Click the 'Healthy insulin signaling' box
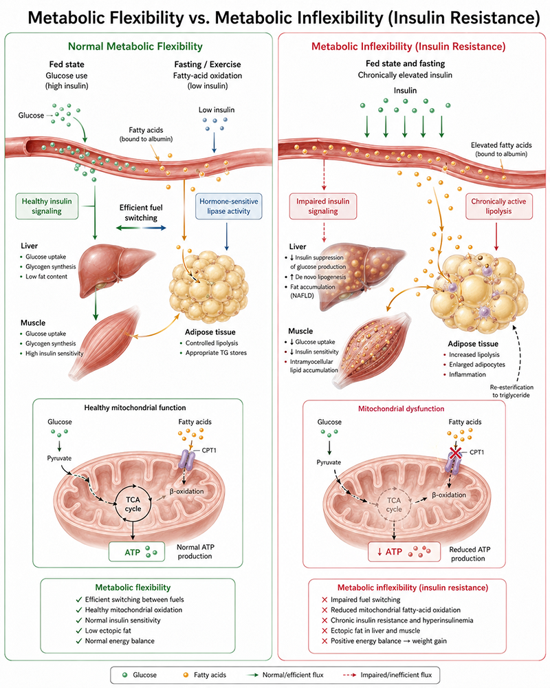click(47, 206)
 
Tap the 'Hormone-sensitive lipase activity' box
click(228, 206)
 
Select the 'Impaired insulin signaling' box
click(323, 206)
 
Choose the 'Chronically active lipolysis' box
click(498, 206)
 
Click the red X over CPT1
click(456, 453)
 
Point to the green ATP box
click(136, 552)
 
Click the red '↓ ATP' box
click(404, 552)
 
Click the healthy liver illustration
click(115, 268)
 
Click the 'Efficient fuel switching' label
click(141, 213)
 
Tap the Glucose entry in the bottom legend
click(139, 675)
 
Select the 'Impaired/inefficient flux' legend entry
click(386, 675)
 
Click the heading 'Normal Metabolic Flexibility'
click(135, 47)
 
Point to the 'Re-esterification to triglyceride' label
click(511, 391)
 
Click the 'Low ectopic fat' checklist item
click(104, 630)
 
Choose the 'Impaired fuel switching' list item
click(361, 599)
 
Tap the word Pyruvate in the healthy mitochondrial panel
click(59, 458)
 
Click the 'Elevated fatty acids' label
click(501, 144)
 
